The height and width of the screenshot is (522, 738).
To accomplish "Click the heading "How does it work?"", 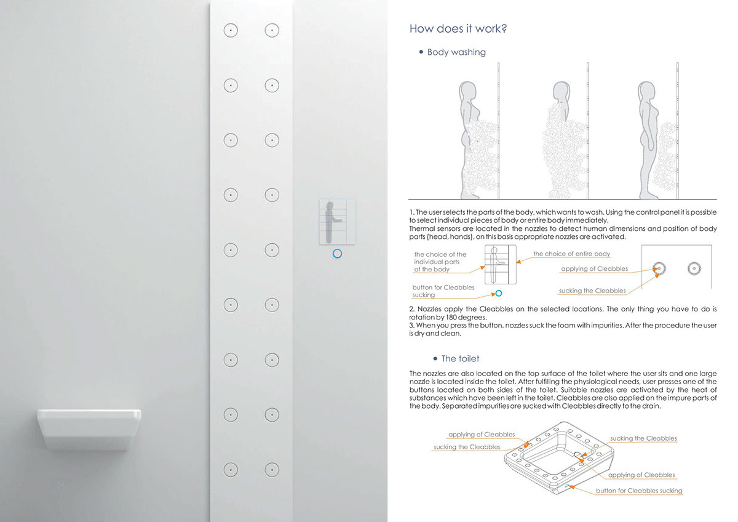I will pos(458,29).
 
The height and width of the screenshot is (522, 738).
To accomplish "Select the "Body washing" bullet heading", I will pos(456,52).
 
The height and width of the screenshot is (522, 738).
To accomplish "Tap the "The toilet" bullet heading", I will pos(459,358).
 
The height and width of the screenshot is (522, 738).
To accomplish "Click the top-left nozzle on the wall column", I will pos(230,30).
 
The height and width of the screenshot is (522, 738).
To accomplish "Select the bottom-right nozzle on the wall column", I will pos(271,469).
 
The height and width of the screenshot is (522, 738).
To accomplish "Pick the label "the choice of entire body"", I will pos(571,254).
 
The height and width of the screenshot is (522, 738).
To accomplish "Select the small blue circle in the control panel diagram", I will pos(499,294).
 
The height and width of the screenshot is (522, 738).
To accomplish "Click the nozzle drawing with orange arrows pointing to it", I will pos(659,268).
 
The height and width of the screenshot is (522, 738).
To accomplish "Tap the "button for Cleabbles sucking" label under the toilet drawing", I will pos(639,491).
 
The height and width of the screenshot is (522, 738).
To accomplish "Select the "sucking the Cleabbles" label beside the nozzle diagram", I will pos(592,291).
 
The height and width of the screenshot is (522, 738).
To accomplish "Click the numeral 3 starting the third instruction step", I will pos(411,324).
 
